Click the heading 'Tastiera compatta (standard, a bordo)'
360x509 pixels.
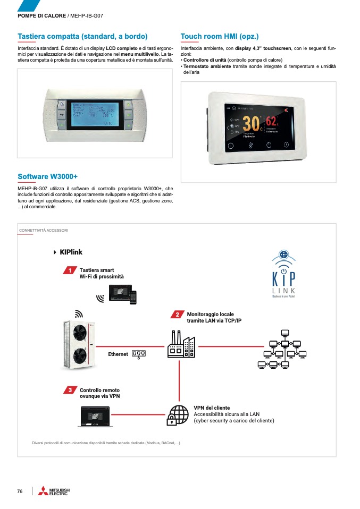click(x=82, y=36)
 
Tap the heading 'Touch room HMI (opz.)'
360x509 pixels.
click(x=220, y=36)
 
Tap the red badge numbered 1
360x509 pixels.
click(x=69, y=272)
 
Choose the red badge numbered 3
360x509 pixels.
click(x=69, y=391)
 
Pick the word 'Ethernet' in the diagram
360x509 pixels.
click(x=118, y=354)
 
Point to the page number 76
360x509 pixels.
click(x=20, y=491)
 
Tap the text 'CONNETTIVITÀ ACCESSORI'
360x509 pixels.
click(x=44, y=231)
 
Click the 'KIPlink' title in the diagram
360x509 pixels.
click(x=71, y=252)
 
